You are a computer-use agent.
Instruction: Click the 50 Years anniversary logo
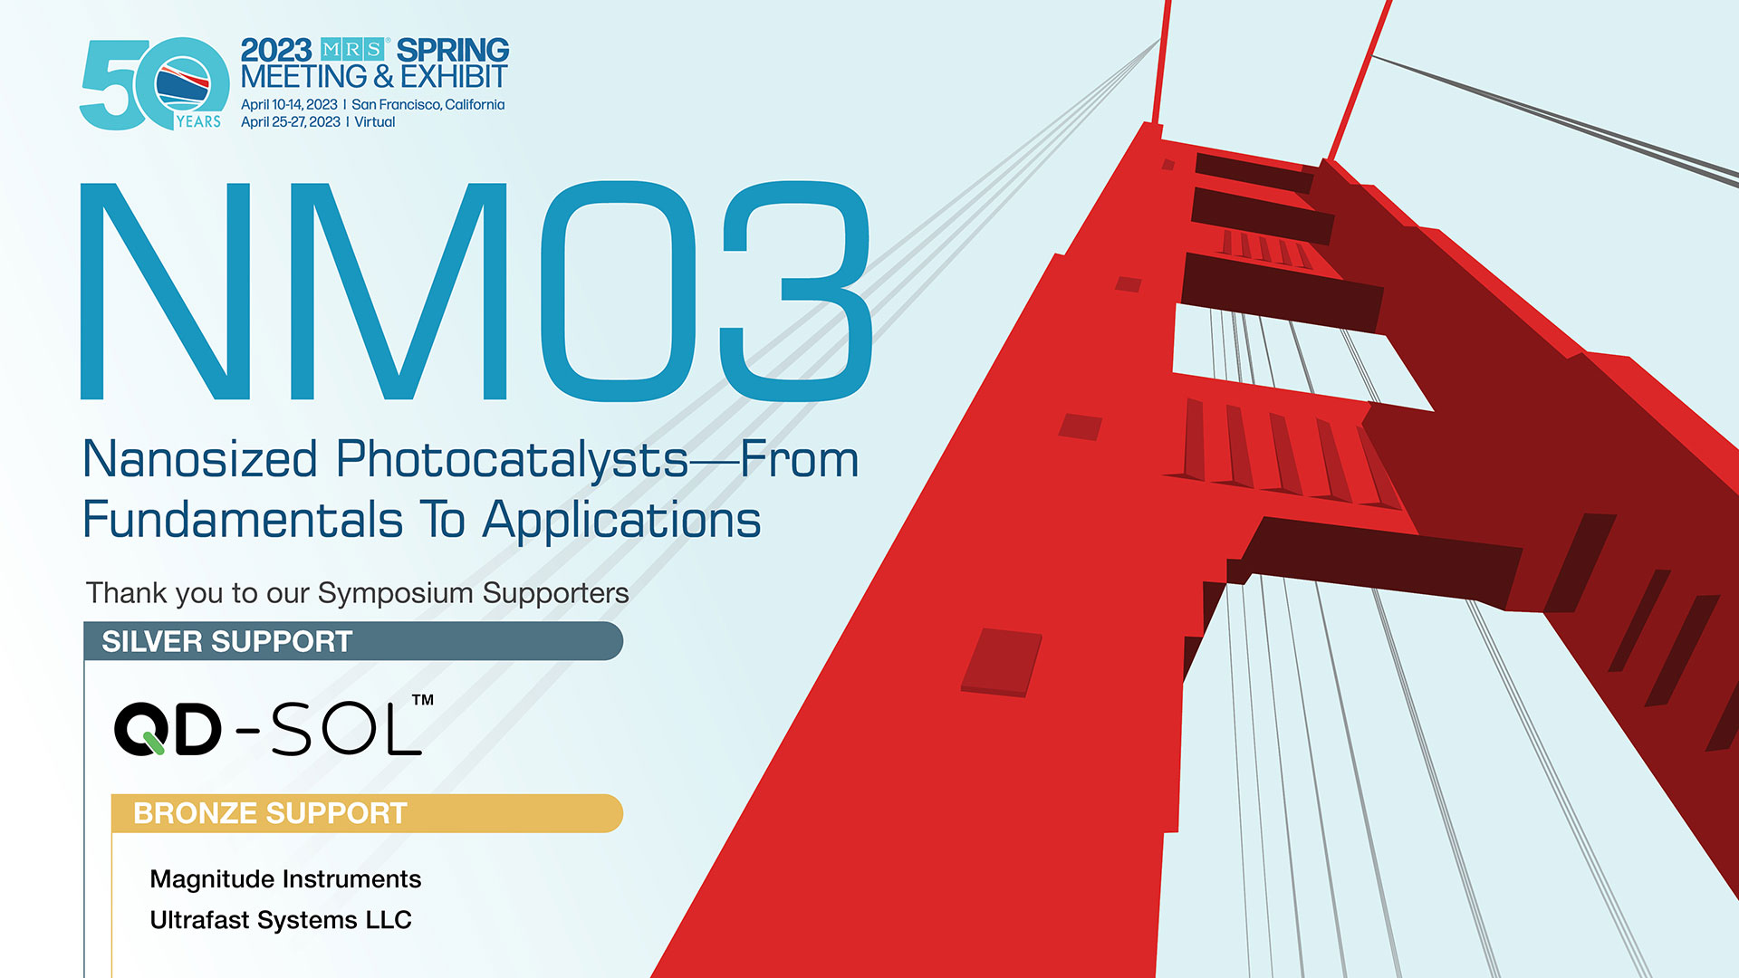tap(155, 84)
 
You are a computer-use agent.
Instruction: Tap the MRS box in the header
tap(353, 50)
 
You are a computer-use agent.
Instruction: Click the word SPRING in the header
tap(452, 50)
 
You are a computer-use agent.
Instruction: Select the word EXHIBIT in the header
tap(454, 77)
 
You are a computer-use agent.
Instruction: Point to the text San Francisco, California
tap(428, 105)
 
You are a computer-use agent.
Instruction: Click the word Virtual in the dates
tap(375, 122)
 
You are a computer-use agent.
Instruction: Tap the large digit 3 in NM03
tap(796, 291)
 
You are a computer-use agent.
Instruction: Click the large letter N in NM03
tap(165, 291)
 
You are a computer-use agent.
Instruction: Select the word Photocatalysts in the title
tap(513, 461)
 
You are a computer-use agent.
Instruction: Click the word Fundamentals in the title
tap(243, 520)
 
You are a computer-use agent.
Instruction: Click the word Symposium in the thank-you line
tap(396, 594)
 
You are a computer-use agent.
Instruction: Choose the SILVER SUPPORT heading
tap(226, 642)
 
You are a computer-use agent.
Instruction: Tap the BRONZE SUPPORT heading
tap(270, 813)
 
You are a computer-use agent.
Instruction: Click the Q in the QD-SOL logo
tap(139, 730)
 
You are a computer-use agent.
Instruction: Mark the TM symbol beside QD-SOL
tap(423, 700)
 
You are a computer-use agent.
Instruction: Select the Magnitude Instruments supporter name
tap(285, 879)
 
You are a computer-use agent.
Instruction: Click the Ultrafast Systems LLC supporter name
tap(281, 920)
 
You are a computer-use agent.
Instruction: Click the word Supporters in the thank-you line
tap(555, 594)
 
